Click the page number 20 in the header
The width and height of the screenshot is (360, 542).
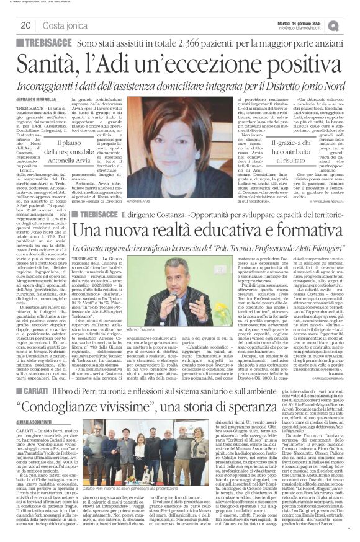coord(25,25)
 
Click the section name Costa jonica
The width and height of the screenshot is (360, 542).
coord(64,25)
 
